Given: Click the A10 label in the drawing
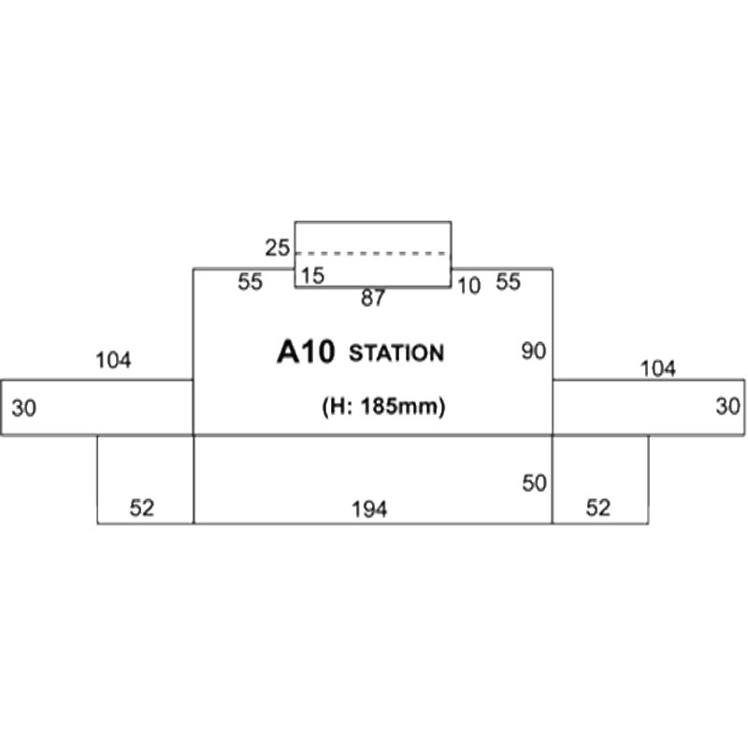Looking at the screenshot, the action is point(306,352).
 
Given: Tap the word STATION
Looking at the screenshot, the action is point(396,353).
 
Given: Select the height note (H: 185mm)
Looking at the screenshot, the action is point(383,407).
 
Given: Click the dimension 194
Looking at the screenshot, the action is point(369,510).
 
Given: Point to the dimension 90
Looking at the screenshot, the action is point(533,352).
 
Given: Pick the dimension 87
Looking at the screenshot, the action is point(372,298).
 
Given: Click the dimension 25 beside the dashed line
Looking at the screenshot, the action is point(277,248).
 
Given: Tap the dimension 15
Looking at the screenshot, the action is point(312,276).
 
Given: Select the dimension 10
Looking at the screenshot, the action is point(468,286).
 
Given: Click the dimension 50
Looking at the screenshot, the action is point(534,483).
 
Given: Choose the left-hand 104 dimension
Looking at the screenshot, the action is point(113,360).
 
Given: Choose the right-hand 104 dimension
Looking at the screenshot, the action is point(657,368).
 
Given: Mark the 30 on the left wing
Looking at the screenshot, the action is point(24,409).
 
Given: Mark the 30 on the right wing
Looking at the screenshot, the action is point(728,407).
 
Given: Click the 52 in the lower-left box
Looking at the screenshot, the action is point(142,508).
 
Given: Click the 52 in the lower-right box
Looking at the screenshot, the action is point(598,508).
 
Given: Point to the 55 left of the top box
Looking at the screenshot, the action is point(250,282).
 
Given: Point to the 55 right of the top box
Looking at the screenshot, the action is point(508,281).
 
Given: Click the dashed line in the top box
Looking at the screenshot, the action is point(372,253).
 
